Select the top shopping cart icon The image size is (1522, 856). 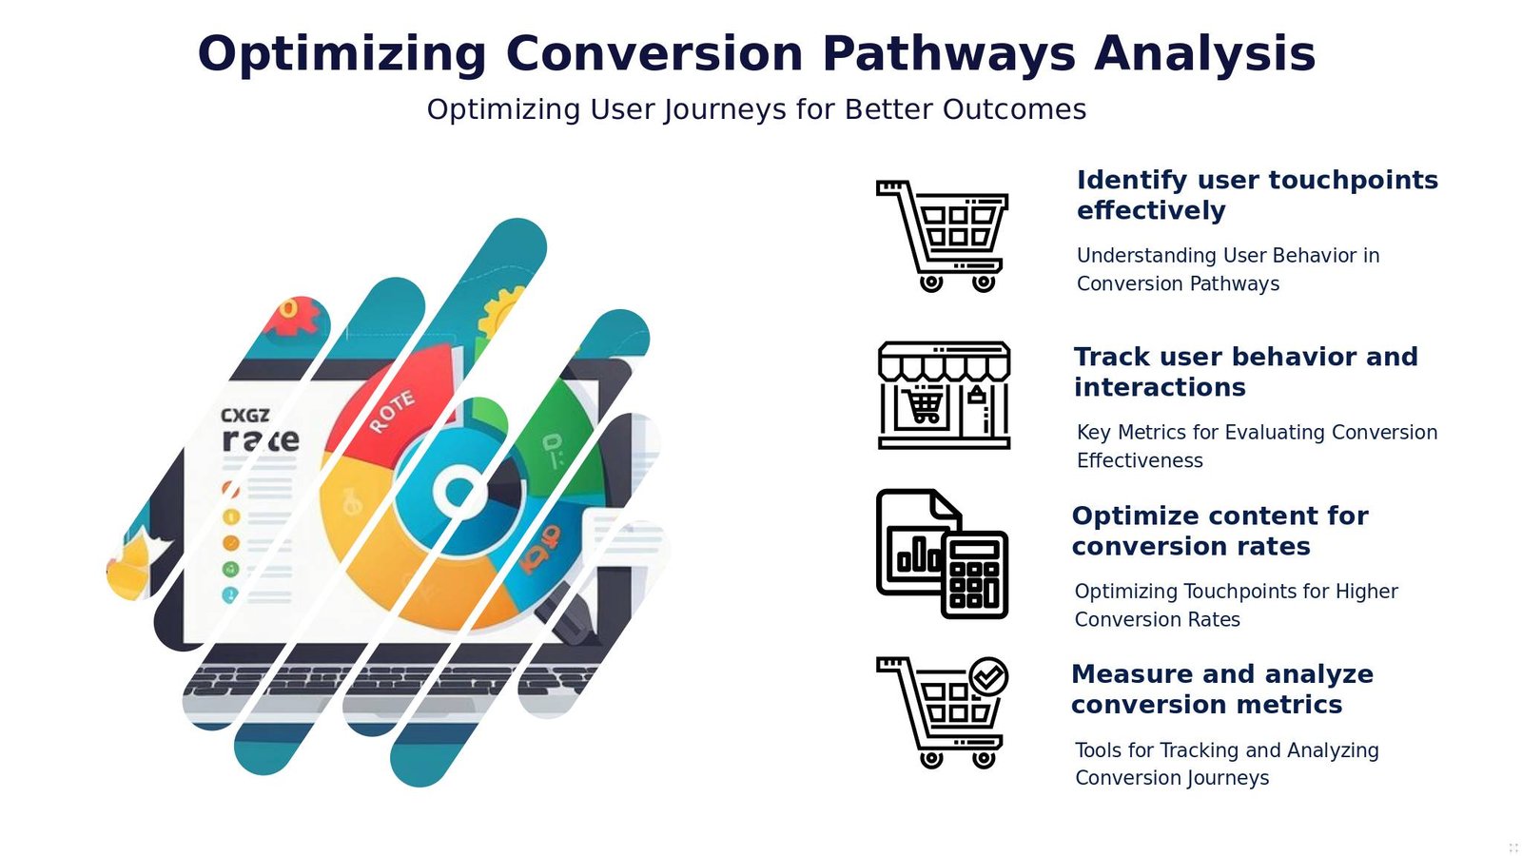942,236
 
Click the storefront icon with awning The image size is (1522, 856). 943,395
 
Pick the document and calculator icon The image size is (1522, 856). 941,554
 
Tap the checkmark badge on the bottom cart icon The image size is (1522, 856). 988,676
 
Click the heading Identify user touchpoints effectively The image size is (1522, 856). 1256,195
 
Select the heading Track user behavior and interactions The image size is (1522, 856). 1245,372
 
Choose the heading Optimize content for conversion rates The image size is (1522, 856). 1220,531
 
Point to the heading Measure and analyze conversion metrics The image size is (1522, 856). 1221,689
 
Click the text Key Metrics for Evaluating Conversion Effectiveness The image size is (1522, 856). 1256,446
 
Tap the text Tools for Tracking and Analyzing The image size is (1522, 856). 1226,750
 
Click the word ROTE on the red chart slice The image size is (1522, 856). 391,411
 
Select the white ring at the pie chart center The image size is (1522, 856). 459,492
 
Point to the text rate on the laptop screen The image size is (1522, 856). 260,439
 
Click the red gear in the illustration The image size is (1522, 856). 293,316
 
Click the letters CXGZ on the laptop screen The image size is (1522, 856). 244,415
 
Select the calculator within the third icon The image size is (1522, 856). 974,574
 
